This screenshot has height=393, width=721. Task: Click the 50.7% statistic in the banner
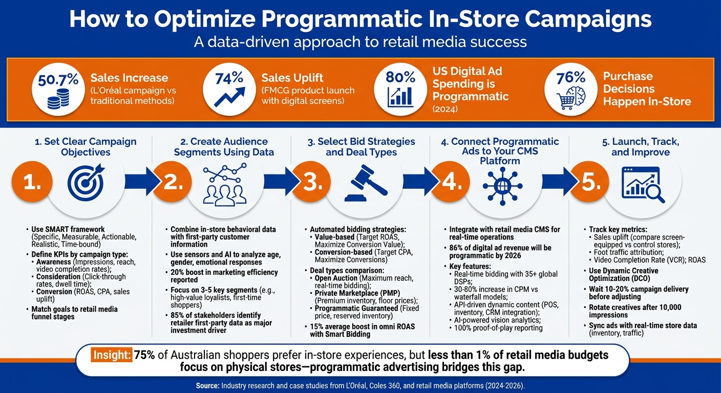57,79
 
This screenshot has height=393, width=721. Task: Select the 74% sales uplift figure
228,78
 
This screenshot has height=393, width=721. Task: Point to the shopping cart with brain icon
571,97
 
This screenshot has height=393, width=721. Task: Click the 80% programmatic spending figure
400,77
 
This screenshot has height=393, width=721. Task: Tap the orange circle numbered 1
32,183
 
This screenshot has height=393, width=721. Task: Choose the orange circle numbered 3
311,183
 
